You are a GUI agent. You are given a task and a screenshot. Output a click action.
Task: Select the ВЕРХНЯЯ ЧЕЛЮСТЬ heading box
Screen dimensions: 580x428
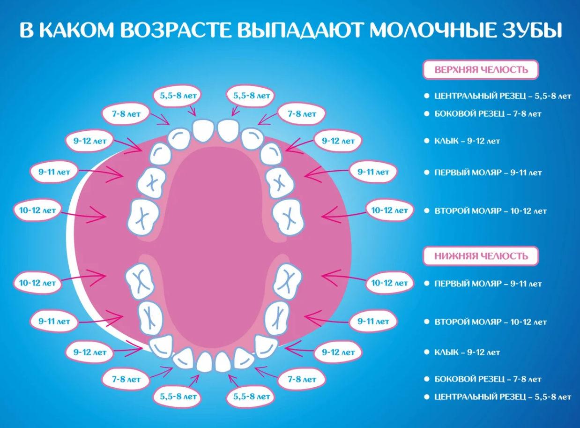pos(481,70)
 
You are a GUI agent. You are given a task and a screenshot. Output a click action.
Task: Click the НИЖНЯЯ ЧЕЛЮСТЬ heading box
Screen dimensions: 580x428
pos(481,256)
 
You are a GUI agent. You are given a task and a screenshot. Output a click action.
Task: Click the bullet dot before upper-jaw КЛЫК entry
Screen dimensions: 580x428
pos(427,141)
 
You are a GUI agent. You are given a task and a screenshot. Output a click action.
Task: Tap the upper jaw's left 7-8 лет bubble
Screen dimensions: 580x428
pos(126,114)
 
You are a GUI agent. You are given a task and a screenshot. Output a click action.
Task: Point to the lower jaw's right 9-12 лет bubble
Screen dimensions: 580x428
pos(338,353)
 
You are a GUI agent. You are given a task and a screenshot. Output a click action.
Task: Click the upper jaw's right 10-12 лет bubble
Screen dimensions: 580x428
pos(389,210)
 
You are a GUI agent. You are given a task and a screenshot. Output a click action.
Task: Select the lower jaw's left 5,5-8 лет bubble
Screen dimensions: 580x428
pos(178,397)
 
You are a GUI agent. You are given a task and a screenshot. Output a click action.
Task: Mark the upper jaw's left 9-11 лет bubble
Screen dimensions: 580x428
pos(54,172)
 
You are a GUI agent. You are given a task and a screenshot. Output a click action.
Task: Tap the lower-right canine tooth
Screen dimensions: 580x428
pos(266,346)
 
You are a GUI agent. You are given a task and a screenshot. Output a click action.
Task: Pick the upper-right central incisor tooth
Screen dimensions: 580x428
pos(228,131)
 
